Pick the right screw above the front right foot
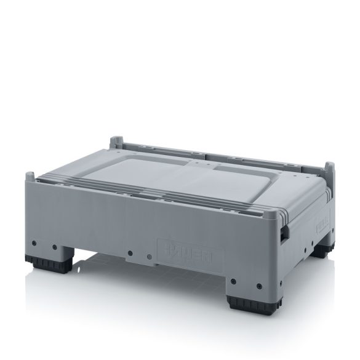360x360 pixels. tap(259, 287)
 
